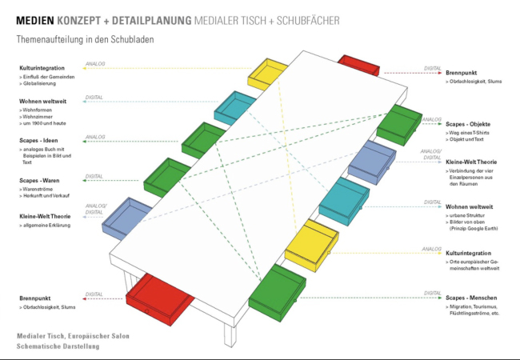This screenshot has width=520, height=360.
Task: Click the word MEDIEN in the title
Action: coord(37,18)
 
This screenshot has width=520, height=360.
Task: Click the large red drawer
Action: coord(160,299)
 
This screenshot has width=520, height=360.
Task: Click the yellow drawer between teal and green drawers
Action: coord(314,243)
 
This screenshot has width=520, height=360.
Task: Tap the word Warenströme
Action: coord(42,189)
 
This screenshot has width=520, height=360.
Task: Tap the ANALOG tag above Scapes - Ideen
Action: coord(94,137)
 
